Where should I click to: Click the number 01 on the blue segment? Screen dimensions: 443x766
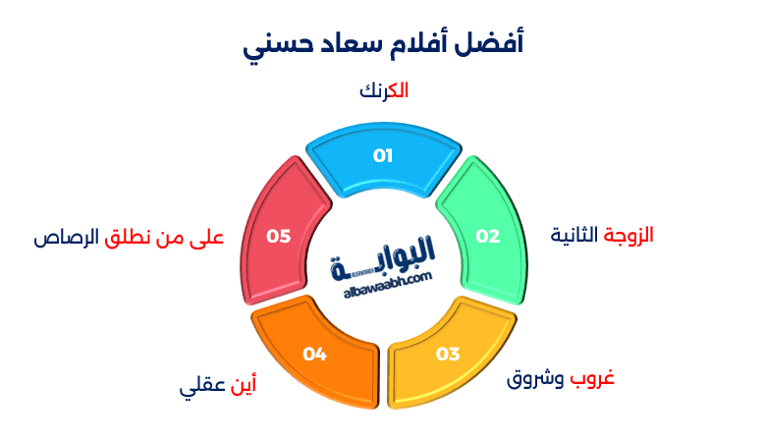[x=382, y=155]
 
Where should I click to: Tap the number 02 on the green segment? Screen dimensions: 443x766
[x=488, y=236]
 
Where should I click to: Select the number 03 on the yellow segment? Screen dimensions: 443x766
[x=448, y=354]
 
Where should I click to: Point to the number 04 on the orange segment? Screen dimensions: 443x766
[x=314, y=354]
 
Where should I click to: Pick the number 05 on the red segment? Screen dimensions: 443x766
[x=279, y=236]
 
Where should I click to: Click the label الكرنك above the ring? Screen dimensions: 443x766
[x=384, y=90]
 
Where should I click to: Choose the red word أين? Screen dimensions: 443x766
[x=242, y=385]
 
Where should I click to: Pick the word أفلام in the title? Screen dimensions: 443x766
[x=415, y=43]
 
